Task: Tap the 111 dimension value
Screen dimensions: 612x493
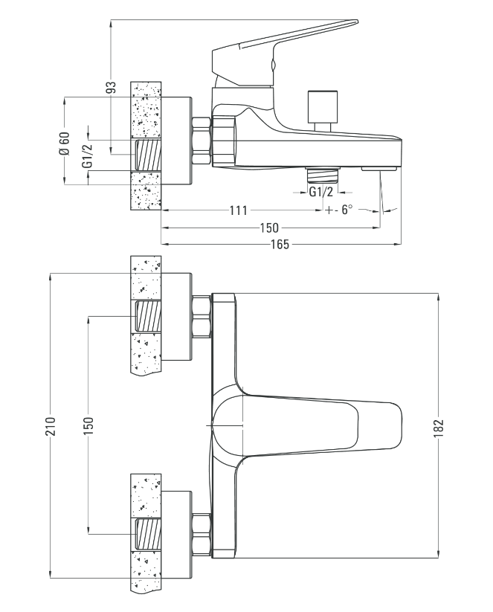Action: pos(238,210)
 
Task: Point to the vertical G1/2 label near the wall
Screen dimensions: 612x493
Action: pos(88,154)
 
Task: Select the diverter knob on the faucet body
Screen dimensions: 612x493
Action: pos(322,107)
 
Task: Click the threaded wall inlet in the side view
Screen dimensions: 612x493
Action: pos(148,155)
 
